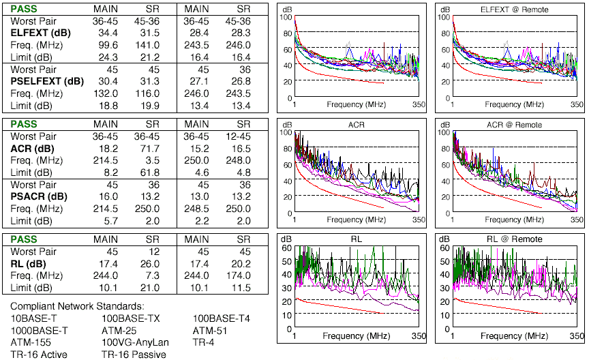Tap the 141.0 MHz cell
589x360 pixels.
(x=151, y=44)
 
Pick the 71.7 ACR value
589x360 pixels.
(x=151, y=147)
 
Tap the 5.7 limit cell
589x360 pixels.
(x=108, y=220)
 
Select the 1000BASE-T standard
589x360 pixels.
(x=40, y=330)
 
